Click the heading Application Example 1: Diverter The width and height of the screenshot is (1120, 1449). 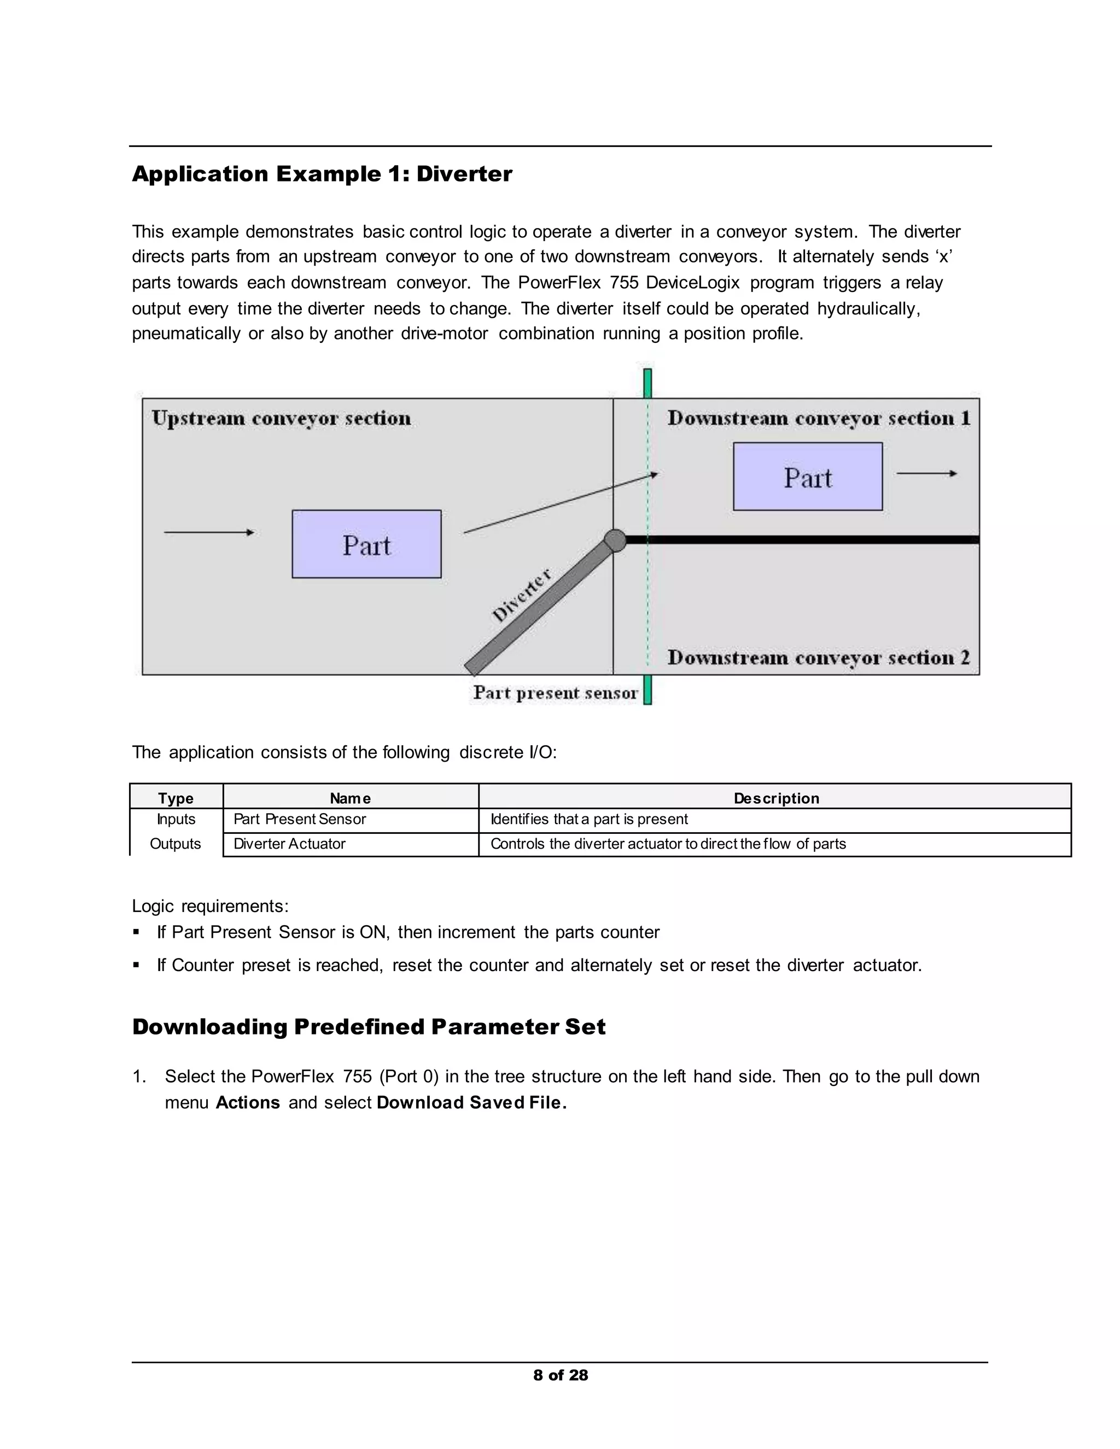click(x=322, y=174)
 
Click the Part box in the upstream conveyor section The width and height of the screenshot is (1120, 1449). click(x=366, y=544)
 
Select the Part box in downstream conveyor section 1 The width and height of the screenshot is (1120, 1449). click(x=808, y=476)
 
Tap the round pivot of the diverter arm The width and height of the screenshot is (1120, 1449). click(x=615, y=540)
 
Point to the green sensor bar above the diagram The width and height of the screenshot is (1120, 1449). click(x=647, y=383)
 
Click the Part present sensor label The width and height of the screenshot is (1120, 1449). click(x=556, y=693)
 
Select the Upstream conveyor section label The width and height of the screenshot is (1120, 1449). click(x=281, y=419)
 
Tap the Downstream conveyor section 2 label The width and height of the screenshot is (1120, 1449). click(x=818, y=657)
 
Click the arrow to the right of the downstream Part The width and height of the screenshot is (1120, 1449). click(x=926, y=474)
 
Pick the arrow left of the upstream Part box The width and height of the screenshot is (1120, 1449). click(x=209, y=532)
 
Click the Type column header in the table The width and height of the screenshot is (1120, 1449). click(x=176, y=798)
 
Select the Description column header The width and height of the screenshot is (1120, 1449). click(x=775, y=798)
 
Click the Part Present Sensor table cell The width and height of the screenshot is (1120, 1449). click(x=300, y=820)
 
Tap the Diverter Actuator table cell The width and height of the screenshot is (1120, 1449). click(x=289, y=844)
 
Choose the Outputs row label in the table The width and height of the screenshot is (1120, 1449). click(x=175, y=844)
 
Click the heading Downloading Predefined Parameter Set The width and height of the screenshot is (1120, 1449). click(x=369, y=1027)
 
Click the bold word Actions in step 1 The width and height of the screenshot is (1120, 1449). click(x=248, y=1103)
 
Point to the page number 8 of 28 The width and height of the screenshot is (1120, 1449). click(x=561, y=1375)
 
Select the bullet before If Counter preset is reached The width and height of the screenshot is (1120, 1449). click(x=137, y=965)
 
